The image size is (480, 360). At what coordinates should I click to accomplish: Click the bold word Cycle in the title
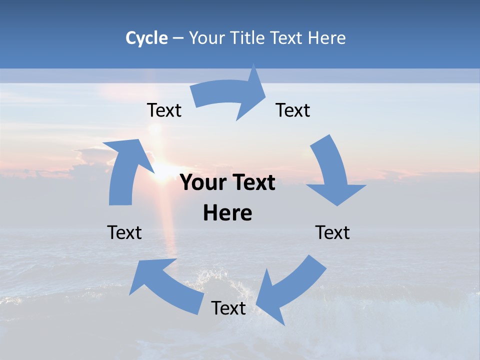point(146,38)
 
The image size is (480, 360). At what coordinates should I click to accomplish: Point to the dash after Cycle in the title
point(178,38)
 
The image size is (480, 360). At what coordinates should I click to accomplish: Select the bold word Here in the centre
point(227,213)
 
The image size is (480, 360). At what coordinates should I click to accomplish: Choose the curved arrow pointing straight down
point(332,172)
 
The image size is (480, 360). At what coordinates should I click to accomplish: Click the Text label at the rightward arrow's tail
point(164,110)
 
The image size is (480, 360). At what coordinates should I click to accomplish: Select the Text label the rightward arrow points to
point(293,110)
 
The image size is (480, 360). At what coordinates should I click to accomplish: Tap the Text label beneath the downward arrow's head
point(332,232)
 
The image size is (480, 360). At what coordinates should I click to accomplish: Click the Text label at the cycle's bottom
point(228,308)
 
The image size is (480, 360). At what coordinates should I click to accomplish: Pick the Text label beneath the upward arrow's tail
point(124,232)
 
